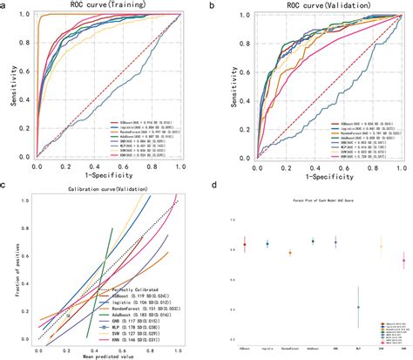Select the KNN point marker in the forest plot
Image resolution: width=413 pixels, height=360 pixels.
pos(403,260)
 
